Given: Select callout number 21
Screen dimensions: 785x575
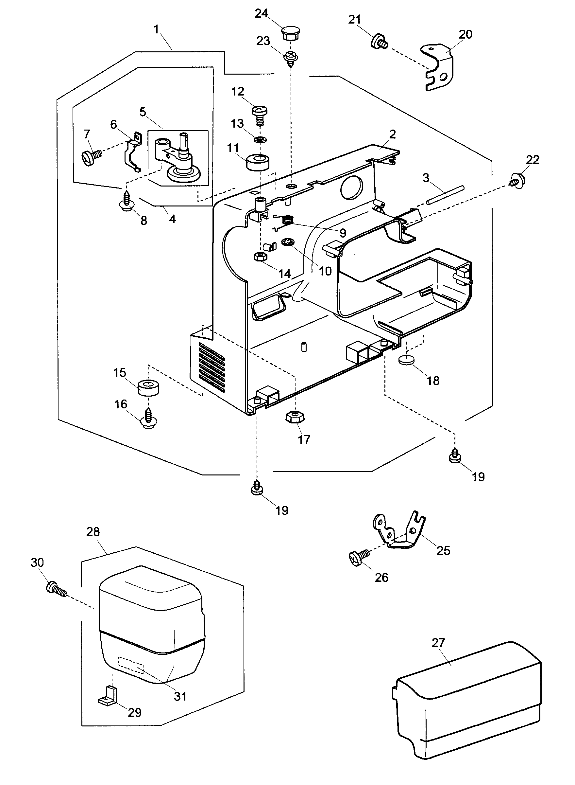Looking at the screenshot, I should coord(354,20).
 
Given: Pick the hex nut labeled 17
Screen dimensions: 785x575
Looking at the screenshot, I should coord(295,417).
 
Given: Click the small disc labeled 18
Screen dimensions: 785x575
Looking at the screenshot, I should coord(406,360).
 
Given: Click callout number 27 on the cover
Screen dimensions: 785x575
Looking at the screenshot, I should coord(438,643).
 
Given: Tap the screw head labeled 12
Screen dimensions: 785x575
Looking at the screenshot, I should coord(259,112).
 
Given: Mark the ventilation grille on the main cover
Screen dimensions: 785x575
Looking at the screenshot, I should coord(211,365).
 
